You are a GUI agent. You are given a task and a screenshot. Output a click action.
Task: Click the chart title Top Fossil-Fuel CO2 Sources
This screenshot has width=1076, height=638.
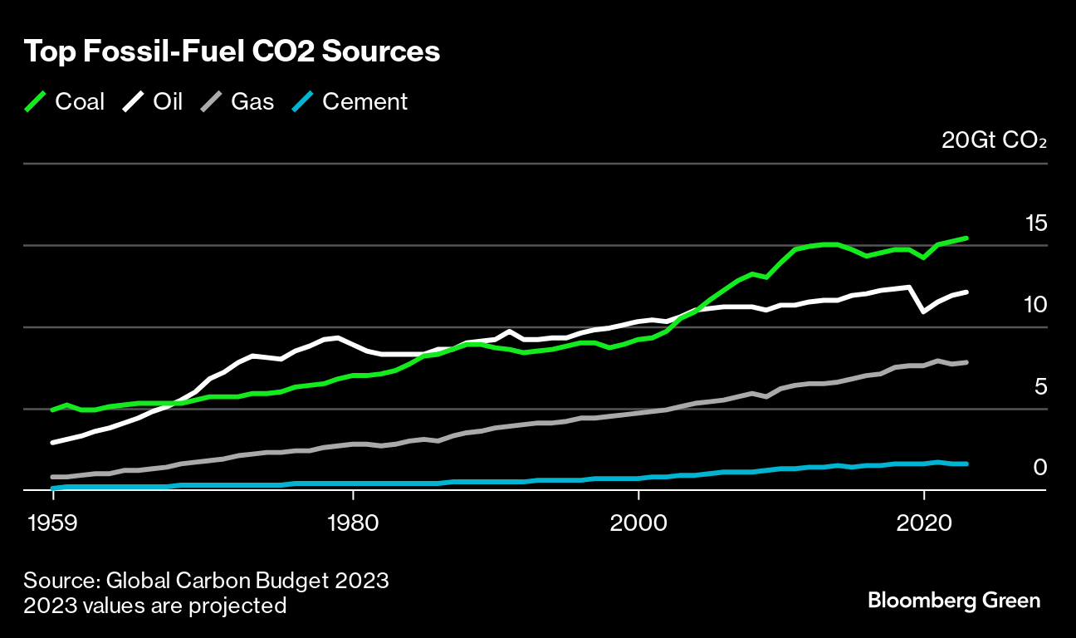pyautogui.click(x=232, y=52)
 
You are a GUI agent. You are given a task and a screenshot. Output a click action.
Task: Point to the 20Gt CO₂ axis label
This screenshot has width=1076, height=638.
pyautogui.click(x=994, y=140)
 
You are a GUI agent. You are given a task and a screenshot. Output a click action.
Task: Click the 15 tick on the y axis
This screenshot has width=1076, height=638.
pyautogui.click(x=1035, y=223)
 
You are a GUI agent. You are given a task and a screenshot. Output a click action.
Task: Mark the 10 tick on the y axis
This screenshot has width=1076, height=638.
pyautogui.click(x=1035, y=304)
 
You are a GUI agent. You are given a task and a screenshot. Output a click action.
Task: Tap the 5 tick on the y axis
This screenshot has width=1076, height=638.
pyautogui.click(x=1040, y=386)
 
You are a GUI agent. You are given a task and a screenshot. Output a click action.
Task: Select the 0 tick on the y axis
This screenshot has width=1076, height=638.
pyautogui.click(x=1039, y=468)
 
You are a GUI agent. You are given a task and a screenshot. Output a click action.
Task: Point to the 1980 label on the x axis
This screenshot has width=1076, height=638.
pyautogui.click(x=353, y=525)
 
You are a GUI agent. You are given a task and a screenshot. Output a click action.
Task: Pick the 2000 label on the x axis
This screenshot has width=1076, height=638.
pyautogui.click(x=638, y=525)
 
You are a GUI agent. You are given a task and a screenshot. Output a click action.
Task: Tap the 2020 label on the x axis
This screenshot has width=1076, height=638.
pyautogui.click(x=922, y=525)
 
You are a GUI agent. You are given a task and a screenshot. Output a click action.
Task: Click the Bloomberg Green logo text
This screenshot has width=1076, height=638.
pyautogui.click(x=954, y=601)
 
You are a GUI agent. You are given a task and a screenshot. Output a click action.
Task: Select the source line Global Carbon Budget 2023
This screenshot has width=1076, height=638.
pyautogui.click(x=207, y=580)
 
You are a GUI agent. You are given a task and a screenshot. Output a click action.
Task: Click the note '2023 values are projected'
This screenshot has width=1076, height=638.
pyautogui.click(x=155, y=606)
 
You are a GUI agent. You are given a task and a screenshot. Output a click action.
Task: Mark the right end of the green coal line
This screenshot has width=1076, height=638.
pyautogui.click(x=966, y=238)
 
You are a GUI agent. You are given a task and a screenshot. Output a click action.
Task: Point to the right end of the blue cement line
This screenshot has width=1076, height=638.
pyautogui.click(x=966, y=464)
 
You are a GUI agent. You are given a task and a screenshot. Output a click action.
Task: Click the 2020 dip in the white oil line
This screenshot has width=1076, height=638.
pyautogui.click(x=923, y=312)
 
